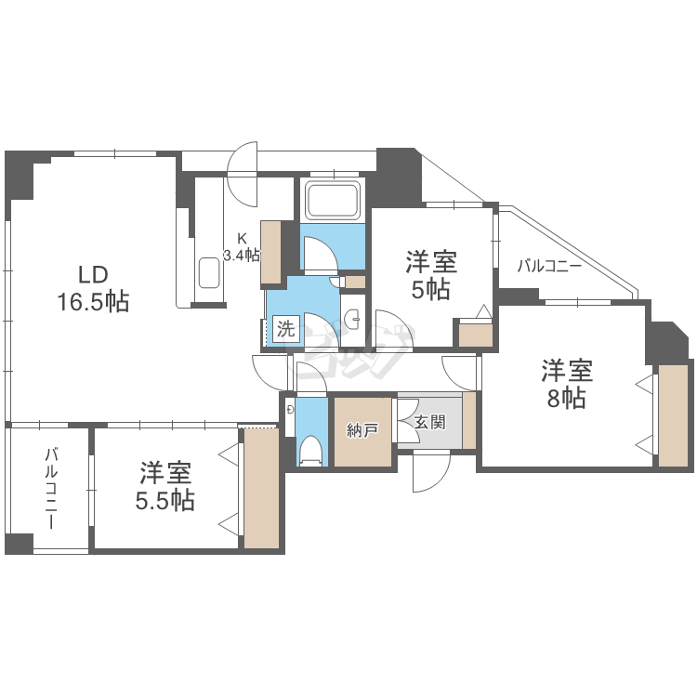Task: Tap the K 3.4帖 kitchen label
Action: coord(242,245)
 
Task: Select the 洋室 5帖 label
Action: coord(429,275)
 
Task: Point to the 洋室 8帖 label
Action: coord(567,385)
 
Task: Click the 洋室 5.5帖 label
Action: coord(166,486)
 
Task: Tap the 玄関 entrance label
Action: coord(429,422)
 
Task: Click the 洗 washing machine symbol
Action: coord(284,328)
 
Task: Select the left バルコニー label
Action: coord(50,489)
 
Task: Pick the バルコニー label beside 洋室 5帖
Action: coord(549,267)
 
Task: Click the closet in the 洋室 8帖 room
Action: coord(671,414)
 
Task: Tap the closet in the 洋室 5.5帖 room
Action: coord(261,487)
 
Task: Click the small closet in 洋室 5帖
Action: coord(476,334)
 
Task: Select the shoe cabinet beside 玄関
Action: coord(468,420)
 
